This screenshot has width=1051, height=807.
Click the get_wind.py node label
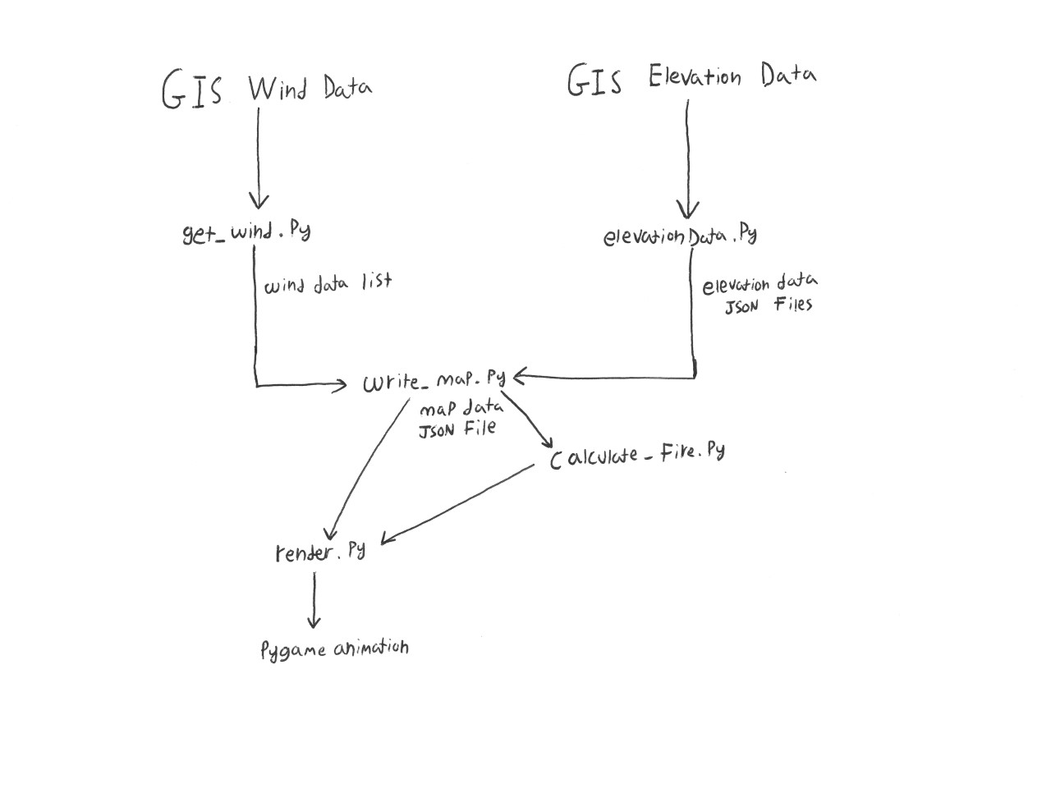click(x=246, y=232)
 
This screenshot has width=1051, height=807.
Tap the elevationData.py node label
click(x=679, y=236)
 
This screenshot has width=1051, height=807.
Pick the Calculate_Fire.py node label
click(x=636, y=454)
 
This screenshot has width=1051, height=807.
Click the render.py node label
click(x=320, y=553)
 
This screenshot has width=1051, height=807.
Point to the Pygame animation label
click(x=334, y=649)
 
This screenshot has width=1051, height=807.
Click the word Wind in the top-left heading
click(x=277, y=88)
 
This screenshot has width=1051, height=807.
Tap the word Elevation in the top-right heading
click(x=695, y=77)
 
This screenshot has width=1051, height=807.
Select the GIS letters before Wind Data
click(x=191, y=89)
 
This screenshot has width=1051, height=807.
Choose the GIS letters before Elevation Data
click(x=594, y=80)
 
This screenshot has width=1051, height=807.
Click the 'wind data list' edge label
click(x=327, y=284)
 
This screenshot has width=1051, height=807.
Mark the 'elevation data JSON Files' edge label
click(x=759, y=295)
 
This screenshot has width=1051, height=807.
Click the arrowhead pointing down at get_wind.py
click(x=259, y=200)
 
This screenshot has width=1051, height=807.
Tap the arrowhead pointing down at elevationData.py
click(x=688, y=210)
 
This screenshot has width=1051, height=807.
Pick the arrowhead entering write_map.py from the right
click(x=520, y=378)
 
